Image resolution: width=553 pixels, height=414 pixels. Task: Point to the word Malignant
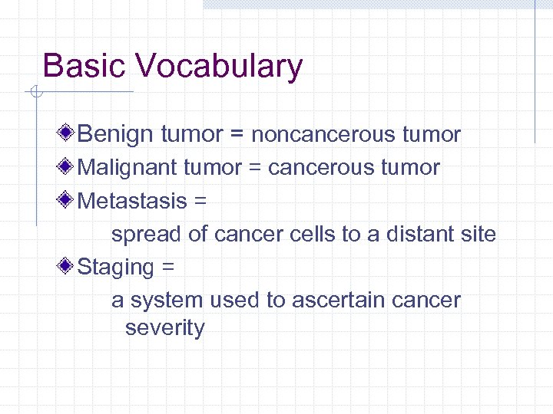coord(127,168)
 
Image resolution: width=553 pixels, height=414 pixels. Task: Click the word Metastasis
coord(133,201)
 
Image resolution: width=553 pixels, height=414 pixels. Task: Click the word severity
coord(165,328)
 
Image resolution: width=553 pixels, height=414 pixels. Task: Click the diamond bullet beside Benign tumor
coord(67,134)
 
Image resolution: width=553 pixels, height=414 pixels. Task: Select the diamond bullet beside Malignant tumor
coord(67,167)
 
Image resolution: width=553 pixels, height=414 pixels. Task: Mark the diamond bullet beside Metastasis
coord(67,200)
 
